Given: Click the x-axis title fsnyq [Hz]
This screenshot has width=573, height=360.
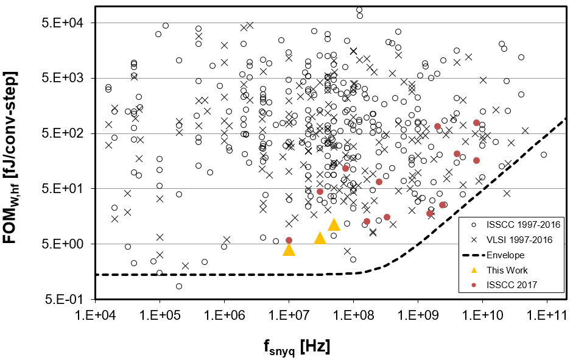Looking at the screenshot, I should [297, 347].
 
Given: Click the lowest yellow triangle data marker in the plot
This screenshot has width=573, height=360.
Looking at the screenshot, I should [289, 250].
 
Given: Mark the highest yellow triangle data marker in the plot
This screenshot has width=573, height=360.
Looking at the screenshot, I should [334, 225].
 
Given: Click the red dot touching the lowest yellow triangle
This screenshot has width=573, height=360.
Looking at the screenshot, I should [289, 240].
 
